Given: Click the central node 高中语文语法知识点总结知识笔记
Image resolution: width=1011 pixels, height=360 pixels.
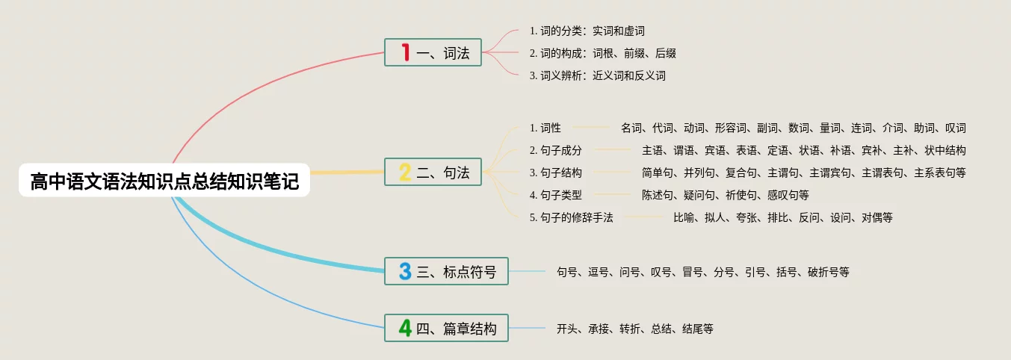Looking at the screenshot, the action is [164, 181].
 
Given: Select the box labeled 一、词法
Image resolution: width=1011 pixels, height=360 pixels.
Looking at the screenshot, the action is [433, 52].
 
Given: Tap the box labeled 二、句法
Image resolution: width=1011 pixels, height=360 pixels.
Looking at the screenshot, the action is [433, 173].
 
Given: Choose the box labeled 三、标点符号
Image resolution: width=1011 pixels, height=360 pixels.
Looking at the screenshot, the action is [446, 271].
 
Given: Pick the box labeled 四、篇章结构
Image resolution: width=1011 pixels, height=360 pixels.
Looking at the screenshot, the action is [446, 328].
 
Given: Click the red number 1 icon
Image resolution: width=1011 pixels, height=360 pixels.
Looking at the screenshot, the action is [405, 52].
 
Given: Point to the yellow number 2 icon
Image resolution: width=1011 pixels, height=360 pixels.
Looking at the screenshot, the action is [405, 173].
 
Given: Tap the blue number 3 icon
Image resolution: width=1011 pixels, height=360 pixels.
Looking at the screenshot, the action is [405, 271].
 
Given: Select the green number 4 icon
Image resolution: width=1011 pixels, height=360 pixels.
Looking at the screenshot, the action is [405, 328].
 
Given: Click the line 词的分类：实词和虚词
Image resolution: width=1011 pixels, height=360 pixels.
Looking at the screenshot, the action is [587, 31].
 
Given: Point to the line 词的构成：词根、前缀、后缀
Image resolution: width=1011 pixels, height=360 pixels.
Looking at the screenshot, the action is [602, 53].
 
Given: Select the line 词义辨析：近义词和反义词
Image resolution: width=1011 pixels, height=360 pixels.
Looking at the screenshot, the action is [597, 75].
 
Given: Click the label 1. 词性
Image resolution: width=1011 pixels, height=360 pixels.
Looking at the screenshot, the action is [545, 128].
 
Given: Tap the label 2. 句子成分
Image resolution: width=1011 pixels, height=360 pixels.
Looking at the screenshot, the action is [555, 150].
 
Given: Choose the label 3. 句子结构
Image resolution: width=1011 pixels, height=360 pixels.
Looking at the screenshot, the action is [555, 173].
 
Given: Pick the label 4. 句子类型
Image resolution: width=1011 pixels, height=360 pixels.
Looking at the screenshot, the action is [555, 195].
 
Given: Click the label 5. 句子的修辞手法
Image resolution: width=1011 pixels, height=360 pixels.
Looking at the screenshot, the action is [571, 218].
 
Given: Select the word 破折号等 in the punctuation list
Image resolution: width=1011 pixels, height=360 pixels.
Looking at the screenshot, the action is [829, 272].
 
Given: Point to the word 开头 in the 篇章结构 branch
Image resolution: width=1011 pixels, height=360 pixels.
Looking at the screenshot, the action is [566, 329].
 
